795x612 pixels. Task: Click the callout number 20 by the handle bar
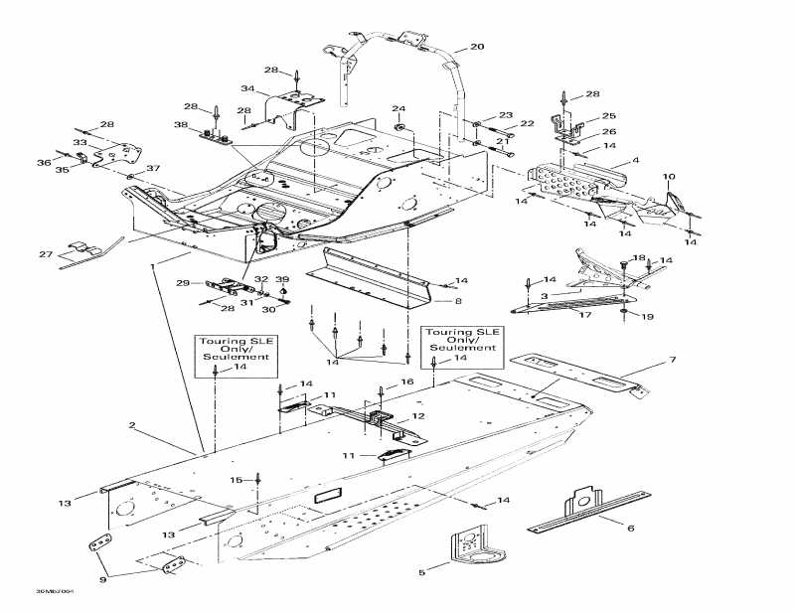[477, 47]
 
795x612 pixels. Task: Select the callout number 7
[672, 359]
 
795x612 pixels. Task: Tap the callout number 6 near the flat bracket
[630, 529]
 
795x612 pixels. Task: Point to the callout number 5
[421, 572]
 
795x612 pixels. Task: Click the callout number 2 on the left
[132, 426]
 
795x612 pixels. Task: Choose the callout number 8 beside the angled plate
[459, 299]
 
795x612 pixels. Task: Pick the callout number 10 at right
[669, 177]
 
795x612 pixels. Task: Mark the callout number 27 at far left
[45, 255]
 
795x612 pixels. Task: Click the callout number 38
[181, 126]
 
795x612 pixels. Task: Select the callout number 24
[397, 108]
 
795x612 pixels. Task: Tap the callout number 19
[647, 318]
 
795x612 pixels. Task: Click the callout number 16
[405, 382]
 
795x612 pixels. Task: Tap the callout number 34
[247, 89]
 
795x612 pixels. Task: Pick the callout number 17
[585, 316]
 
